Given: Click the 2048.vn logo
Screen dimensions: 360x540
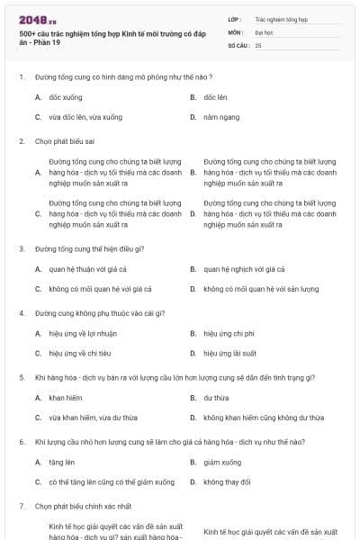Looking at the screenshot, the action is pos(38,19).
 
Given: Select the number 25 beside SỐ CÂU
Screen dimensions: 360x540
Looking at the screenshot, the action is pos(259,44).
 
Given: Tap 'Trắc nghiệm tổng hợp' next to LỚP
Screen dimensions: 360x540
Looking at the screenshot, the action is pos(281,19).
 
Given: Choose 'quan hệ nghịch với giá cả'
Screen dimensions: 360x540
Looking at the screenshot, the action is pos(243,268).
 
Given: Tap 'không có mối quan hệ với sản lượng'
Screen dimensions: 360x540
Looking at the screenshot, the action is pos(260,289).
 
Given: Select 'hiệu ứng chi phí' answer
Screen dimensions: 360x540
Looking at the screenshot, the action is pos(229,333).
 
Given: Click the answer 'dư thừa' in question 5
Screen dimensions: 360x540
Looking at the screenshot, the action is pos(216,397).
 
